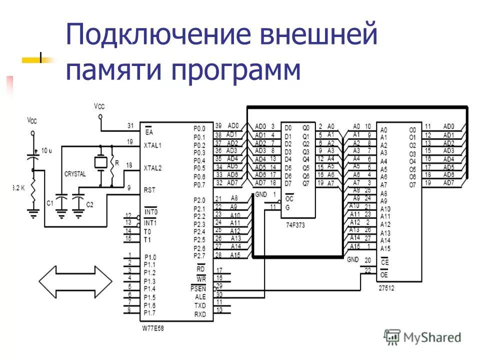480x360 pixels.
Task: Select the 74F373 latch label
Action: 295,225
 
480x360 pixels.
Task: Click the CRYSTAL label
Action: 75,173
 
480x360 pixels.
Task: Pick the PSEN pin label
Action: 198,288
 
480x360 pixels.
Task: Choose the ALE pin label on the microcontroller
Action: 199,296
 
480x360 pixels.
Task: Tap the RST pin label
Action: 149,189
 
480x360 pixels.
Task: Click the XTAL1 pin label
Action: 152,145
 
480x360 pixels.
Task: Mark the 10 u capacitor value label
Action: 47,150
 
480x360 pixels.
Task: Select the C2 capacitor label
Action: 90,204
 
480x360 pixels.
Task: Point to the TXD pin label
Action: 199,305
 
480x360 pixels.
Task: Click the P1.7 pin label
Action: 149,313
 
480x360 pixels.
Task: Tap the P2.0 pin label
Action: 199,200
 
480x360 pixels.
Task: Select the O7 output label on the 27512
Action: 411,185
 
